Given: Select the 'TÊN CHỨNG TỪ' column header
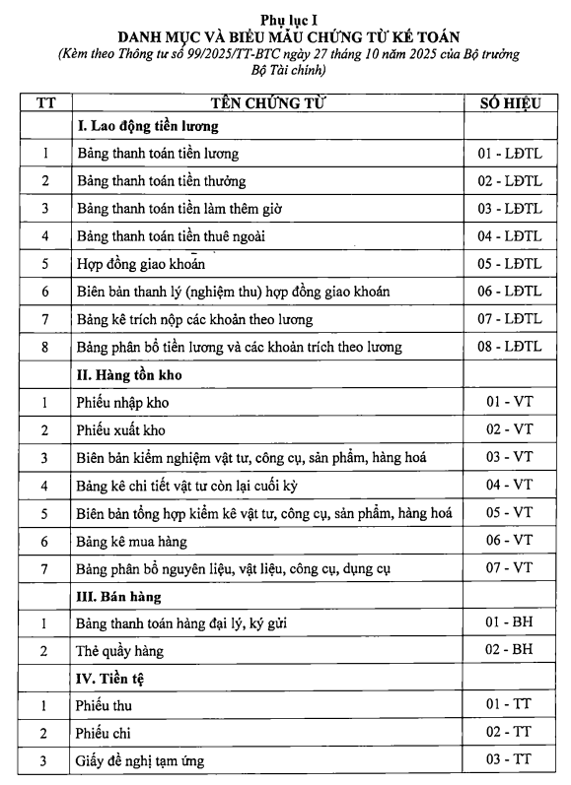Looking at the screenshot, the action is tap(268, 102).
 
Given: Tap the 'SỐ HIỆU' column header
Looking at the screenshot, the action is tap(509, 102).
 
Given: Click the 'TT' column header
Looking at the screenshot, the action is tap(45, 102).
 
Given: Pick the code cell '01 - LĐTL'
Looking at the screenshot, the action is tap(509, 154).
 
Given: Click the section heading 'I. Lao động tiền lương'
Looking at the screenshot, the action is tap(147, 127).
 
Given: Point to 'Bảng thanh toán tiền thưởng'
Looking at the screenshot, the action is tap(161, 181).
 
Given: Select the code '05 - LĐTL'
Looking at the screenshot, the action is tap(509, 264).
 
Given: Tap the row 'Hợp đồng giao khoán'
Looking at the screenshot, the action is tap(140, 264).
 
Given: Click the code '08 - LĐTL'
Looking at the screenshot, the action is tap(509, 347).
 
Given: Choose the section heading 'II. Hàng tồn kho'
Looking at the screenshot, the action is tap(129, 375).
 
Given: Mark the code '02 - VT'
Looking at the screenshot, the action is tap(509, 430).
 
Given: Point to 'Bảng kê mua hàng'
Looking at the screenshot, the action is tap(131, 541).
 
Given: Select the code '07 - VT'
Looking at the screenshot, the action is tap(509, 568).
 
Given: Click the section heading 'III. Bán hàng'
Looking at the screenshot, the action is tap(119, 597).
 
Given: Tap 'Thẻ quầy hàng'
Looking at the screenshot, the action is tap(119, 651).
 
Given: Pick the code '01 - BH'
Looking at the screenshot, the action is tap(509, 623).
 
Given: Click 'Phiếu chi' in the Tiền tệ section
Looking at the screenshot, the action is tap(104, 734).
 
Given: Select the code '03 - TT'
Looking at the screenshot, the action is tap(509, 760).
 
